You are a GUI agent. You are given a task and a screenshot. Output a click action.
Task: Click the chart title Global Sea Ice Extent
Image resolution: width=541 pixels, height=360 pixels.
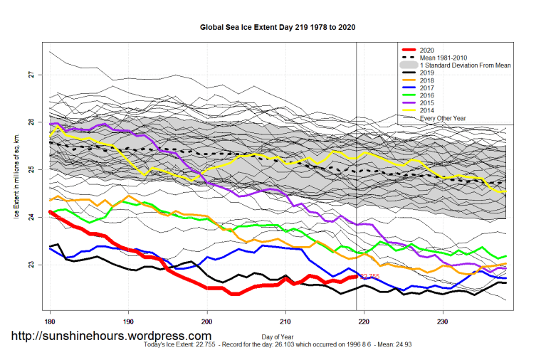pyautogui.click(x=278, y=27)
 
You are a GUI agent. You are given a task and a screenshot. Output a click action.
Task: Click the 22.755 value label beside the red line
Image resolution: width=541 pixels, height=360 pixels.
pyautogui.click(x=370, y=276)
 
